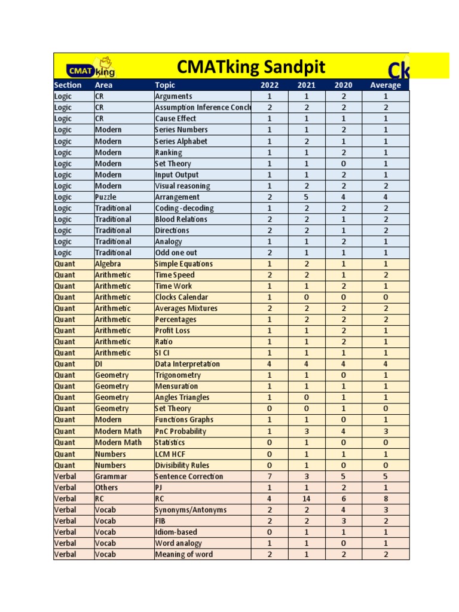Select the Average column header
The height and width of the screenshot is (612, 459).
(385, 85)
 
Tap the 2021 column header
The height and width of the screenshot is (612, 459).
(306, 85)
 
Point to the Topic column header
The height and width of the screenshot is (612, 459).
(165, 85)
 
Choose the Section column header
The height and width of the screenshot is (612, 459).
(68, 85)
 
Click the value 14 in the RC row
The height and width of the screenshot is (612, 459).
(306, 498)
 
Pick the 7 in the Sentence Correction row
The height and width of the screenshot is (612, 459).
(270, 476)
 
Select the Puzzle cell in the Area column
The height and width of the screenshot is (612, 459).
(106, 197)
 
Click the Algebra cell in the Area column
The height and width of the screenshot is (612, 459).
(108, 264)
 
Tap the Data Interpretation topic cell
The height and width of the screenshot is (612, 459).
(187, 364)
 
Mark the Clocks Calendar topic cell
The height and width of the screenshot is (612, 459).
(181, 297)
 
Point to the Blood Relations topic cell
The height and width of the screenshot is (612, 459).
(181, 219)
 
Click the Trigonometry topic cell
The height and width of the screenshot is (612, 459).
(178, 375)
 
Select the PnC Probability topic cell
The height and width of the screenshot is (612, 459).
(180, 431)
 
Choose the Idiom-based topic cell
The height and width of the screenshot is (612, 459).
(176, 532)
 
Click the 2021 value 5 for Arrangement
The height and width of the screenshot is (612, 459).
(306, 197)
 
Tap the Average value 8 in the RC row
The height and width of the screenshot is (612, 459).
(385, 498)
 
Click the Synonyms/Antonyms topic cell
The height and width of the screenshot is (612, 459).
(191, 510)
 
